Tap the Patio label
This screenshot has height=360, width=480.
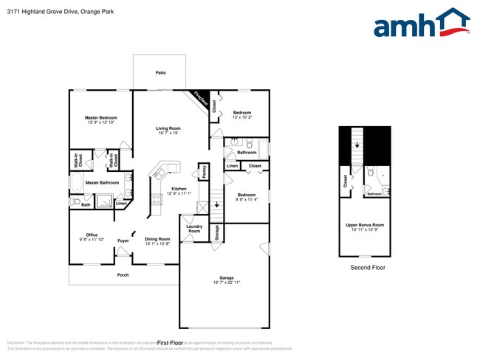pos(160,73)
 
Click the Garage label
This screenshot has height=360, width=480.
pos(226,278)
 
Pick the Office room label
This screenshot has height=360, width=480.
pos(92,235)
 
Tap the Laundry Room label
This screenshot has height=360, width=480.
pos(194,229)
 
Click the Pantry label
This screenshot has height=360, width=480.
pos(203,171)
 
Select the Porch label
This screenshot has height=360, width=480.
pos(123,275)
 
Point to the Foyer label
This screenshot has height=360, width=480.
pos(123,240)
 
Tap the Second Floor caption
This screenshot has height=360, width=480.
pos(367,268)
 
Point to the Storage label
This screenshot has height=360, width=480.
pos(217,232)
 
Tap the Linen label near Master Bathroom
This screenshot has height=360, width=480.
pos(120,203)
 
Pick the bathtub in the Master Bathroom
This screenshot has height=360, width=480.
pos(76,182)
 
